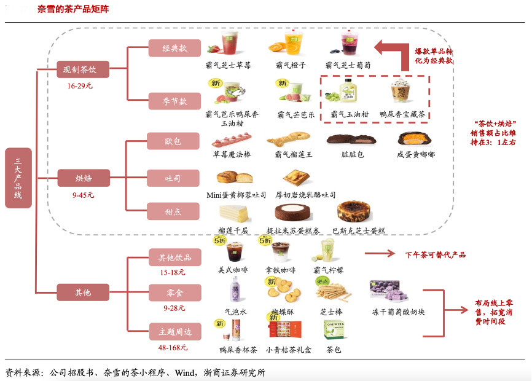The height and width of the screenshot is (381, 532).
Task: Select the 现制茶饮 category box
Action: tap(83, 69)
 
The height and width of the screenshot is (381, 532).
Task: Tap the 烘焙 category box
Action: tap(83, 178)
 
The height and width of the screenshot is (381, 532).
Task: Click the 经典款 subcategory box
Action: tap(174, 48)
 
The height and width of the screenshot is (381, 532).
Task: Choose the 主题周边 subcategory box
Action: tap(175, 332)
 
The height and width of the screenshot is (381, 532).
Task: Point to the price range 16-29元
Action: tap(80, 86)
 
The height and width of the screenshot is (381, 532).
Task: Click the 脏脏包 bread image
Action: tap(344, 139)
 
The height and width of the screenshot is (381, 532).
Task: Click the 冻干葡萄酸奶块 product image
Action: tap(389, 291)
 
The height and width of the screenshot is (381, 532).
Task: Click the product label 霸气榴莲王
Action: tap(294, 154)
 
